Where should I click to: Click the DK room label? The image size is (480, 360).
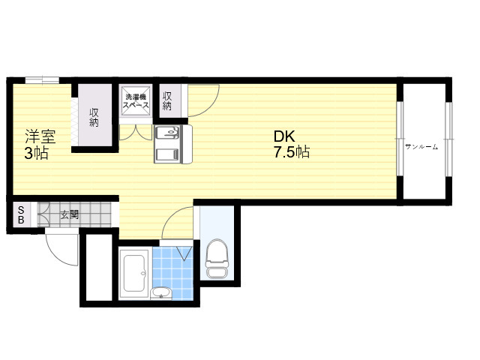[x=284, y=136]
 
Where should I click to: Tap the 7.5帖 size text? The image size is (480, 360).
[x=292, y=152]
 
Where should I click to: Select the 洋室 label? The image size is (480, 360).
[x=40, y=136]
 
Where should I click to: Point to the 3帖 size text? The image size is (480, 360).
[x=37, y=153]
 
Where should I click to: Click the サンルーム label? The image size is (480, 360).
[x=421, y=147]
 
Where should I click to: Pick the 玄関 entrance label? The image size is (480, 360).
[x=70, y=214]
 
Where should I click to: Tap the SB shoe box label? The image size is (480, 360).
[x=21, y=215]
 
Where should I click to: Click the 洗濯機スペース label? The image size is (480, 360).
[x=136, y=101]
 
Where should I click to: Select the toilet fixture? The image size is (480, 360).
[x=217, y=258]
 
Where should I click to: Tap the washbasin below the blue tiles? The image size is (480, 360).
[x=161, y=293]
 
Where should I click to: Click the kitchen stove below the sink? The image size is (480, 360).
[x=167, y=154]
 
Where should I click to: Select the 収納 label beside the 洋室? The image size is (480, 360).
[x=94, y=117]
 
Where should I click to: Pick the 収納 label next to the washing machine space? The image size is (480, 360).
[x=167, y=101]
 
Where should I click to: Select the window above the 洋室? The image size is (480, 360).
[x=42, y=80]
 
